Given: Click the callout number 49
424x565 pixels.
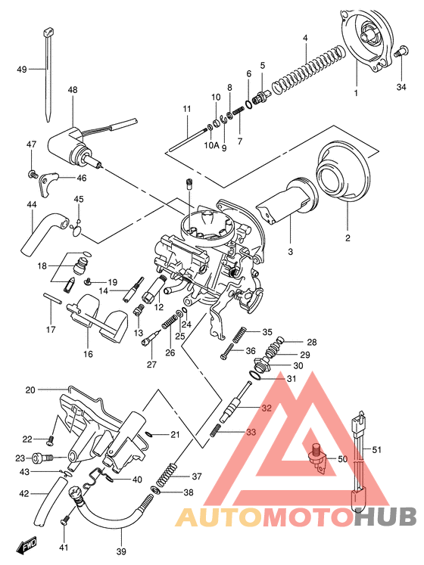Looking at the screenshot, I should point(21,70).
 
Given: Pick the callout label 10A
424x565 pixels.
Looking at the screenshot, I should point(210,144).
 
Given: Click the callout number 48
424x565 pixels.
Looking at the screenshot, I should point(73,90).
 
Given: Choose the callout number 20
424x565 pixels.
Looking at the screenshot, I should point(30,390).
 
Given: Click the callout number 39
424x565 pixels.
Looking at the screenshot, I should point(121,552).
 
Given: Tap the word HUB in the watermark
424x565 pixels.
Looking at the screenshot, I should point(385,517).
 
